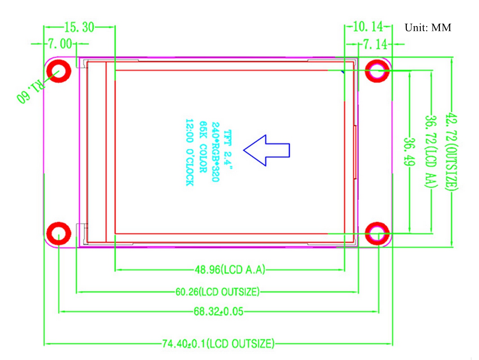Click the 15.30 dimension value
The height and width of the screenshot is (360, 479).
(79, 27)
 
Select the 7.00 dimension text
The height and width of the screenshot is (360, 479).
(60, 44)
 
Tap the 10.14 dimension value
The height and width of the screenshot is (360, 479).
(368, 26)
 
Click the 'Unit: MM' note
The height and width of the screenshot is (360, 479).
(428, 27)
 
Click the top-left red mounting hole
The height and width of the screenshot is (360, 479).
(59, 71)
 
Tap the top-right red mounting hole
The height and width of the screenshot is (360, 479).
(377, 71)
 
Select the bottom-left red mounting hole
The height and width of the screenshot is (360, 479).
(59, 234)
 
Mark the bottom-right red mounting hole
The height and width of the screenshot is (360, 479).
(377, 234)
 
